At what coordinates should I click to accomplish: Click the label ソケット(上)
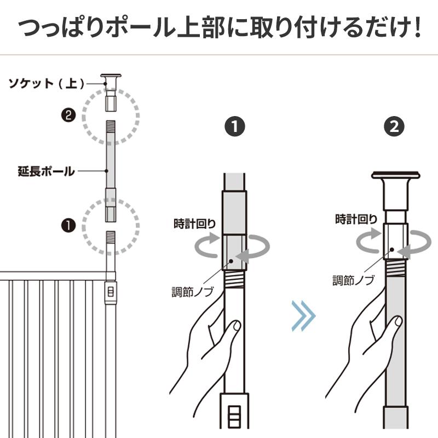click(47, 83)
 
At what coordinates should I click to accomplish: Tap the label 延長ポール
click(46, 171)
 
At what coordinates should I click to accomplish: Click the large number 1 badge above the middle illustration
click(235, 127)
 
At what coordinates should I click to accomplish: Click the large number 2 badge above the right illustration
click(395, 127)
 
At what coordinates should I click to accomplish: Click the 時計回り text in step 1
click(195, 223)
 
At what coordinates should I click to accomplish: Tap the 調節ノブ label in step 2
click(354, 281)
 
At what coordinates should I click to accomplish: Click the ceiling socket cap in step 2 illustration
click(395, 176)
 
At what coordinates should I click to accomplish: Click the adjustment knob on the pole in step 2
click(395, 241)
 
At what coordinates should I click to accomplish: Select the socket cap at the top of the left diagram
click(112, 77)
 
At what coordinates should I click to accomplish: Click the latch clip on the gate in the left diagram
click(111, 292)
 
